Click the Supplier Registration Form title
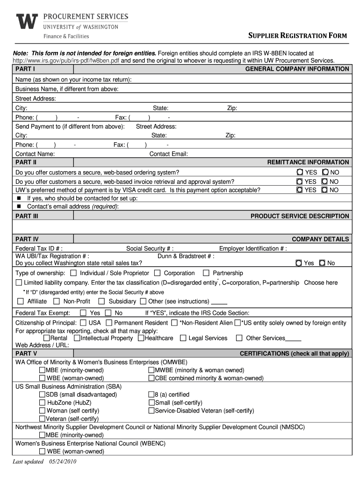coord(297,36)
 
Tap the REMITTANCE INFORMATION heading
coord(308,162)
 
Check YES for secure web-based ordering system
coord(300,172)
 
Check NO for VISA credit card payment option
coord(325,190)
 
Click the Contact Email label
coord(168,153)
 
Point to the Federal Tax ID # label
coord(39,248)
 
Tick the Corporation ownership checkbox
coord(157,273)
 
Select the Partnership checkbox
coord(206,273)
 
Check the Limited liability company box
coord(19,283)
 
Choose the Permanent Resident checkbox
coord(109,323)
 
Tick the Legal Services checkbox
coord(183,338)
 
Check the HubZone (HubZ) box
coord(43,402)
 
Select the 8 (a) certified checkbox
coord(151,394)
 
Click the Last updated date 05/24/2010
coord(45,461)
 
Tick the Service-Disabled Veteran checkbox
coord(151,410)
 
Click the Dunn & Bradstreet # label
coord(186,256)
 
